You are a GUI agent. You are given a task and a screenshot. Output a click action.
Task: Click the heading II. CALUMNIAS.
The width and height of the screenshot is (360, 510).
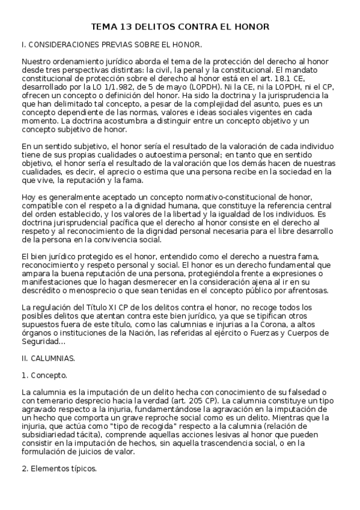(47, 358)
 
